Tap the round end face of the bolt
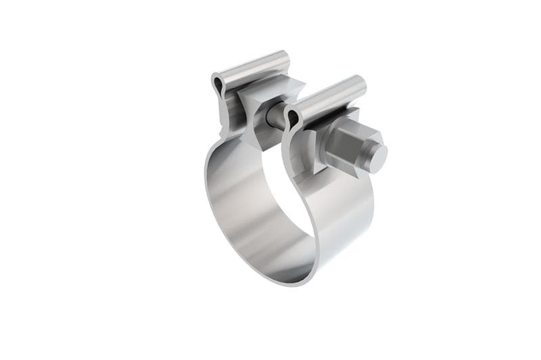[x=377, y=158]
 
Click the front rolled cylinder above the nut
[x=328, y=97]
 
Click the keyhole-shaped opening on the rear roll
[x=218, y=85]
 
